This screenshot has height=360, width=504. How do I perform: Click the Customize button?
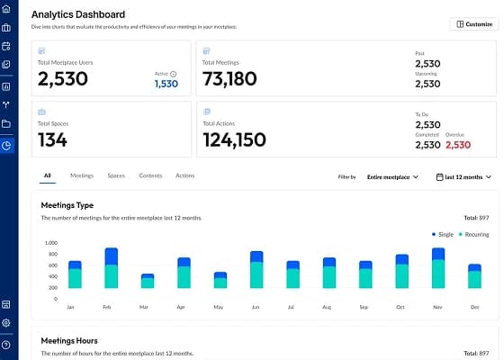coord(473,23)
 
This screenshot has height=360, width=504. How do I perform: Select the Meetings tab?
coord(82,175)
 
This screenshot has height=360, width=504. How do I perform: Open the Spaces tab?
coord(116,175)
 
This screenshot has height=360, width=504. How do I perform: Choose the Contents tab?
coord(150,175)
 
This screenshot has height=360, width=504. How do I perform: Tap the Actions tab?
coord(184,175)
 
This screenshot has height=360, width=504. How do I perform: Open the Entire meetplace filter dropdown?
coord(392,177)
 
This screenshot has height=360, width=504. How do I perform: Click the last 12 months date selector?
coord(464,177)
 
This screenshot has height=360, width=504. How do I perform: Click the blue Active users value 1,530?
coord(166,84)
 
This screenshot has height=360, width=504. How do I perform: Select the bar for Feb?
coord(112,268)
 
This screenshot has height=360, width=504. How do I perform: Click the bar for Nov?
coord(438,268)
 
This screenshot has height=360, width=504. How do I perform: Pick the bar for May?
coord(220,280)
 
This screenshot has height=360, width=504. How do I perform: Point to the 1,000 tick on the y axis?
coord(49,243)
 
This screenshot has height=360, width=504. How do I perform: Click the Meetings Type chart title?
coord(67,204)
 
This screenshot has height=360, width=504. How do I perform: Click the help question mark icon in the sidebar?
coord(6,345)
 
